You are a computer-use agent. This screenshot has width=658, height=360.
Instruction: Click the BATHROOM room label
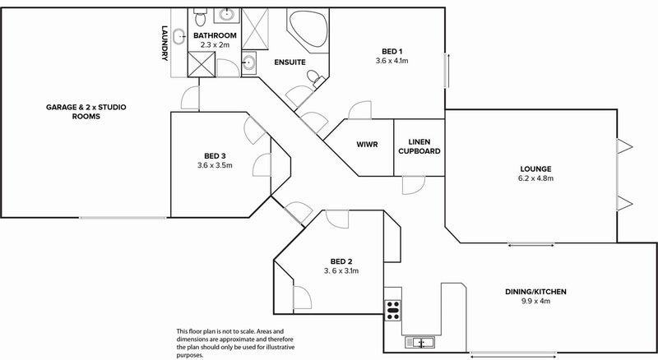tap(215, 35)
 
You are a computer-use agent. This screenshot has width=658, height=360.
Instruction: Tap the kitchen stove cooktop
tap(393, 311)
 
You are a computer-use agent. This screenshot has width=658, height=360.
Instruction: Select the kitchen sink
tap(419, 343)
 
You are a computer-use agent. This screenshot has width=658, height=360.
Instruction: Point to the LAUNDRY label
tap(164, 44)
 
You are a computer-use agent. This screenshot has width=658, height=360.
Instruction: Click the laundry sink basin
tap(179, 36)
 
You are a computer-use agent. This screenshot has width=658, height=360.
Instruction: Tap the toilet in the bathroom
tap(200, 17)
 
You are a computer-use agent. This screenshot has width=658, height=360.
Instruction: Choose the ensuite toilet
tap(315, 78)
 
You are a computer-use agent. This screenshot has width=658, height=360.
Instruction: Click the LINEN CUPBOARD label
tap(419, 146)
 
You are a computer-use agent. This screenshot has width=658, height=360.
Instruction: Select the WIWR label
tap(367, 145)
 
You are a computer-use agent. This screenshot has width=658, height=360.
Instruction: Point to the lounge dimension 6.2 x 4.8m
tap(535, 178)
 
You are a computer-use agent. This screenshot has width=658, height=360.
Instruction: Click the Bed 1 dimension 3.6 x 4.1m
tap(392, 61)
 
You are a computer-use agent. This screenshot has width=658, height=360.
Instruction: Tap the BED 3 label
tap(215, 156)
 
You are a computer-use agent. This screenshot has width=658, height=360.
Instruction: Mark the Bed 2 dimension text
tap(341, 271)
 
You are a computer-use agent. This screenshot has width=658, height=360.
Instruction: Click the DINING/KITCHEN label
tap(535, 292)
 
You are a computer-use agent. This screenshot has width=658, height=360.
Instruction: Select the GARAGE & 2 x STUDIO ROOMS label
tap(86, 112)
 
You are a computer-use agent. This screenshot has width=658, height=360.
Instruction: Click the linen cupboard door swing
tap(414, 185)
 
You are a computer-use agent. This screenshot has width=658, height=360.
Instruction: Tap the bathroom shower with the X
tap(202, 64)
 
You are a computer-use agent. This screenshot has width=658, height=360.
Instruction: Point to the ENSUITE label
tap(290, 62)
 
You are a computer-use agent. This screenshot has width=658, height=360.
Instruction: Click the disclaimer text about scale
tap(235, 344)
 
